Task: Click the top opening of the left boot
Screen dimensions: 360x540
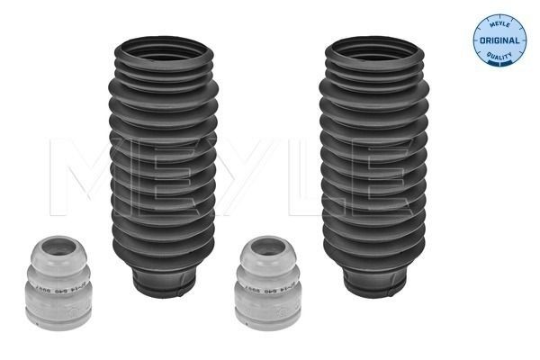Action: click(x=163, y=49)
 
